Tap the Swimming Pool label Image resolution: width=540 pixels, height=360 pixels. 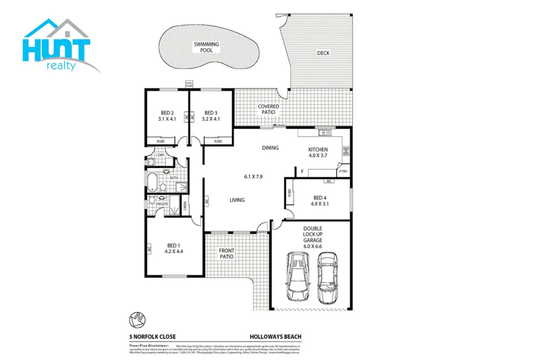(206, 47)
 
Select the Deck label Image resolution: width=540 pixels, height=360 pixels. (323, 53)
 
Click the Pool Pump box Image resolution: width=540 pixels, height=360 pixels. (189, 84)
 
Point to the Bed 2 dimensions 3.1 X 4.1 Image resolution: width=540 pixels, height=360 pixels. (167, 119)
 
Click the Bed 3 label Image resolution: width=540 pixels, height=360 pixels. (211, 113)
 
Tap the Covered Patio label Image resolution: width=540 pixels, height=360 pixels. (268, 109)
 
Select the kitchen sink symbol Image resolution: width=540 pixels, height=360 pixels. (325, 133)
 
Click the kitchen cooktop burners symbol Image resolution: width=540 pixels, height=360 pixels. (346, 151)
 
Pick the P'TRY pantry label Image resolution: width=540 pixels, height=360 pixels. (343, 171)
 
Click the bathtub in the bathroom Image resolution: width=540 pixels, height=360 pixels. (152, 182)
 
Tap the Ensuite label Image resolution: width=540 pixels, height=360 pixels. (162, 204)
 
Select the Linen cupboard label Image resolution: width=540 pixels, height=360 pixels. (185, 206)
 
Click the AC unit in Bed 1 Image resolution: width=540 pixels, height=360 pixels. (149, 248)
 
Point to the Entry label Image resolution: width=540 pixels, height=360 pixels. (262, 232)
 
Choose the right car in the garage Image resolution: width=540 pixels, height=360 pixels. (327, 278)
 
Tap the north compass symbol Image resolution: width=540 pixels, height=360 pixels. (137, 320)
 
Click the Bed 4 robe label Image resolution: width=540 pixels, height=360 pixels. (289, 193)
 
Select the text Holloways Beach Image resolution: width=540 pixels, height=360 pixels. (275, 337)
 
